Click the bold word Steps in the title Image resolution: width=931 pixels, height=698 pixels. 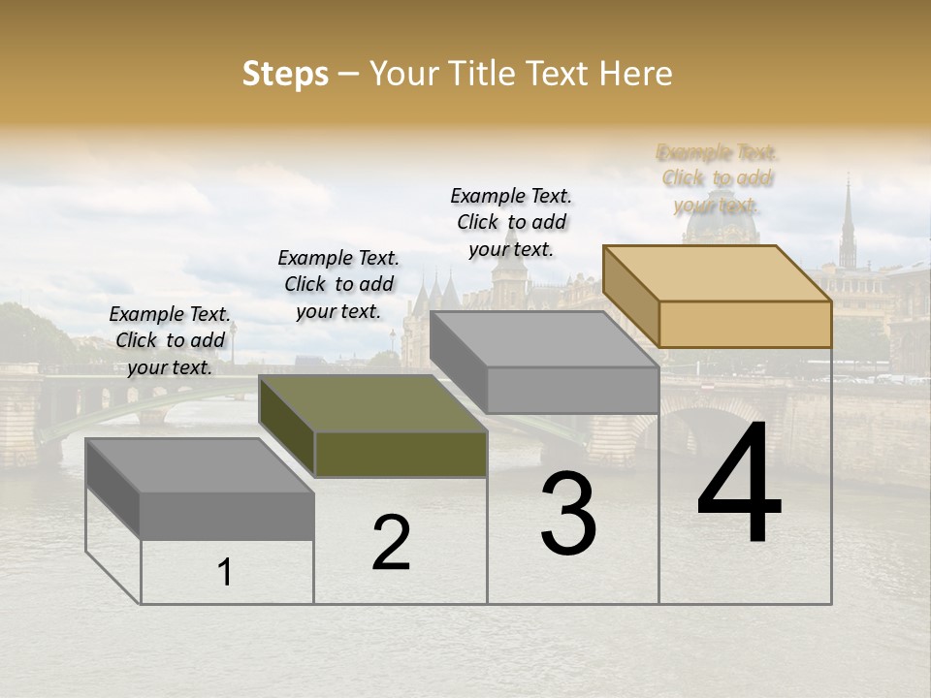click(x=285, y=74)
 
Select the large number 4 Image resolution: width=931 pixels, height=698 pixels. click(x=739, y=485)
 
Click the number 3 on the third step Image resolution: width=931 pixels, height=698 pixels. click(x=567, y=515)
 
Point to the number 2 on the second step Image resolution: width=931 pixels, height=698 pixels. click(x=391, y=543)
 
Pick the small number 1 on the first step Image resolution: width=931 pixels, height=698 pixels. click(x=225, y=573)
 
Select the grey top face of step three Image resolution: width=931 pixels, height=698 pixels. click(x=544, y=339)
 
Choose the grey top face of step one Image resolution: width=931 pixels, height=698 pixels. click(x=200, y=465)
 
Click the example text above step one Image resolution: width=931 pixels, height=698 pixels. click(x=170, y=340)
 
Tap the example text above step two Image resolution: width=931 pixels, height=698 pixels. click(x=338, y=284)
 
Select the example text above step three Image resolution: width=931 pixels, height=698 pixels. click(x=511, y=222)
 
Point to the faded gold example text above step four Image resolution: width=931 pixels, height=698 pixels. click(x=717, y=178)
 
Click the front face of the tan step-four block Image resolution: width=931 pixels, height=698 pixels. click(x=745, y=324)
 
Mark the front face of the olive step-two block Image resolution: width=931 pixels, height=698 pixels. click(x=401, y=455)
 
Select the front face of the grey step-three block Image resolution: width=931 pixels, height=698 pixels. click(x=572, y=391)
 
